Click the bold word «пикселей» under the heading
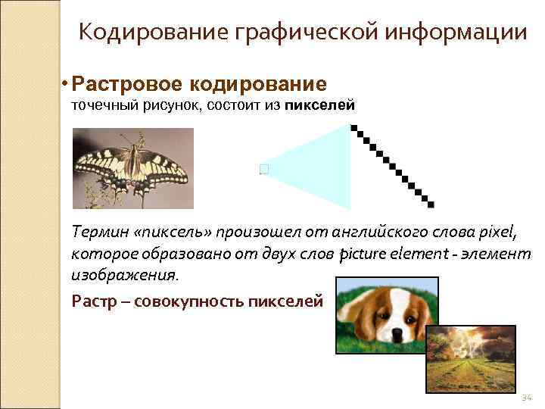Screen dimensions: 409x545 (x=320, y=106)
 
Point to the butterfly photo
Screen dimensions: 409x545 (x=132, y=167)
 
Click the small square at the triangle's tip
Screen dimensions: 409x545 (x=263, y=170)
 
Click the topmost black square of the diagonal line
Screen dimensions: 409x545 (x=354, y=128)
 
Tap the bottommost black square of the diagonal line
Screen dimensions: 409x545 (x=431, y=203)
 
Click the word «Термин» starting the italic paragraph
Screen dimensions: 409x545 (x=96, y=229)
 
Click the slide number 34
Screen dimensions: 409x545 (x=527, y=398)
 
